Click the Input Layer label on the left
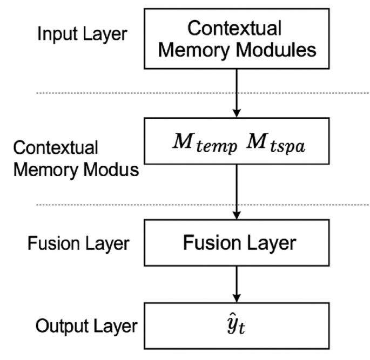click(x=82, y=34)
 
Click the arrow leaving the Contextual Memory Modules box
click(x=236, y=92)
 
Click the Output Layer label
click(x=86, y=326)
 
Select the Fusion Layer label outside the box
click(x=78, y=243)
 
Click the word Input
click(x=55, y=34)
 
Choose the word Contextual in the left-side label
click(x=56, y=147)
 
